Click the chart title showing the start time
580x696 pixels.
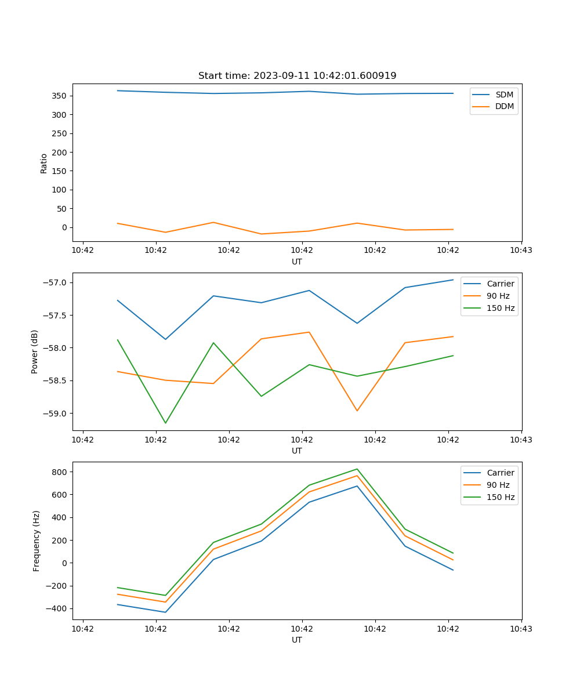click(297, 76)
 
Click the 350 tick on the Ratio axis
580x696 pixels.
click(60, 96)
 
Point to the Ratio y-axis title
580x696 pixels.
click(44, 164)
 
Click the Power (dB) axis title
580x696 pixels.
click(35, 351)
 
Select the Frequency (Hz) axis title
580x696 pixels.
click(37, 541)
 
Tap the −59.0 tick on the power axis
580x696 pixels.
click(56, 414)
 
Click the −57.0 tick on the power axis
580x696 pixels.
click(56, 283)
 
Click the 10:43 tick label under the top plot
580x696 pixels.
click(521, 251)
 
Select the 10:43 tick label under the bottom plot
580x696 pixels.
click(521, 629)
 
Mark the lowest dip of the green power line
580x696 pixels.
click(165, 423)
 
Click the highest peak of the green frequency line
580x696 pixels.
click(357, 469)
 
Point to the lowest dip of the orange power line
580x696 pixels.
click(357, 411)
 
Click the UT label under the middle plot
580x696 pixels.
click(297, 451)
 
